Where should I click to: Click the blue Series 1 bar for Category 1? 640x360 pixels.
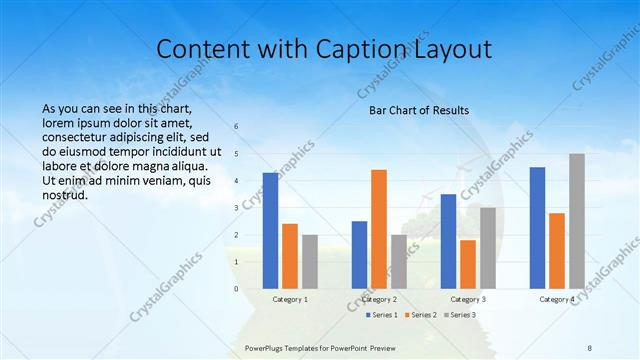tap(270, 231)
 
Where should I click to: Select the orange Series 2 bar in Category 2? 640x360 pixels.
tap(379, 229)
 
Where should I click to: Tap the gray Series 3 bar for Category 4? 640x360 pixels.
tap(577, 221)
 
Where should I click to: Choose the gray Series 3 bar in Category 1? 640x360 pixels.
tap(310, 262)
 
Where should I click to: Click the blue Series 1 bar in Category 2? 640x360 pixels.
tap(359, 255)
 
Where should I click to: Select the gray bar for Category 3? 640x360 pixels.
tap(488, 248)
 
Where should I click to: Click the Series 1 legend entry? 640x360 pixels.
tap(380, 315)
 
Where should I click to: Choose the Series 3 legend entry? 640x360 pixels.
tap(458, 315)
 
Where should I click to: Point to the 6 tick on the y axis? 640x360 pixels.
tap(236, 127)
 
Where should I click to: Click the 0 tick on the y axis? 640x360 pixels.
tap(236, 289)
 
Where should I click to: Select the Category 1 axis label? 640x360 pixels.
tap(290, 299)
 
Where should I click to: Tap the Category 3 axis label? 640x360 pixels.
tap(468, 299)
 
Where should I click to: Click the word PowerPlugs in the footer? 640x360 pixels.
tap(265, 347)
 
